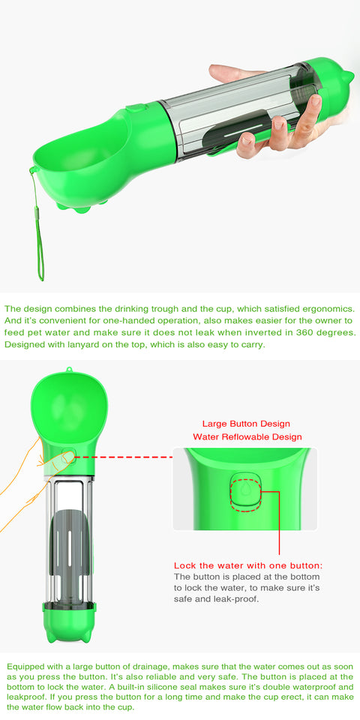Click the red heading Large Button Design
(246, 424)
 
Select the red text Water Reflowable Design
(247, 436)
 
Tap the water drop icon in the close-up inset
(244, 490)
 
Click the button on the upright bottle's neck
(68, 455)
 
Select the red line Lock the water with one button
(248, 565)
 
